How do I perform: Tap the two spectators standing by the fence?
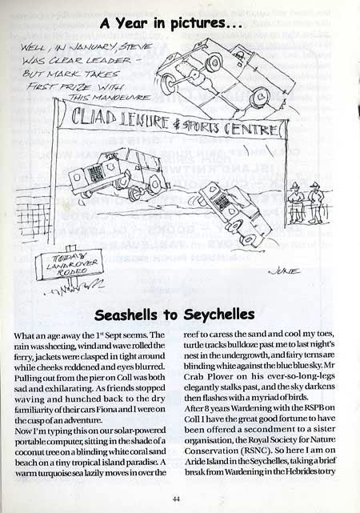(303, 200)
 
